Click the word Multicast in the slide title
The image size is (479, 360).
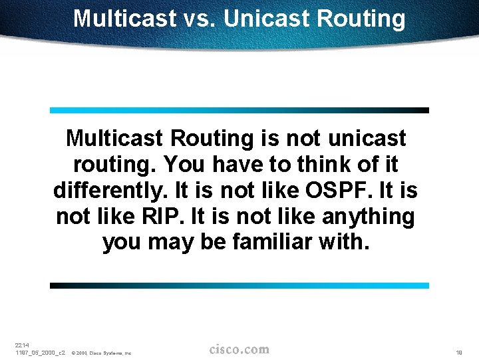(123, 19)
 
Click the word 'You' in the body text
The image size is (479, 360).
(183, 165)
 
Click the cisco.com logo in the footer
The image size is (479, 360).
(239, 349)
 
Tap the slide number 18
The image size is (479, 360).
(459, 352)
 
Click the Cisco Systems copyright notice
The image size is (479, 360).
(101, 353)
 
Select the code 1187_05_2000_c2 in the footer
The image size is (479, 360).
(39, 353)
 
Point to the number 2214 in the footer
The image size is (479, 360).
(22, 345)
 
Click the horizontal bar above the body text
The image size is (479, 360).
(239, 110)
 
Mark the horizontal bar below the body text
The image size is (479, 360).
(239, 285)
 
